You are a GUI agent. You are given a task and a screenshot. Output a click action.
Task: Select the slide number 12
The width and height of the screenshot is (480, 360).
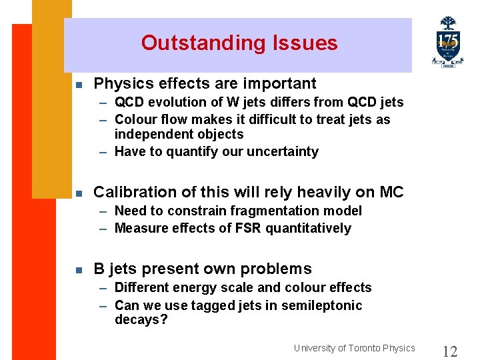[x=450, y=351]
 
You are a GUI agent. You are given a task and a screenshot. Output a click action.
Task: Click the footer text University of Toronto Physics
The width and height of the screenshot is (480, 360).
[x=354, y=348]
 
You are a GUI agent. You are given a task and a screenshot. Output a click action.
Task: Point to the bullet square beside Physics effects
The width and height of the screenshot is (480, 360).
[x=79, y=85]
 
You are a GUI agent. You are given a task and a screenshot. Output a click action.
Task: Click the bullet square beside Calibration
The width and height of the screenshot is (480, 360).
[x=79, y=194]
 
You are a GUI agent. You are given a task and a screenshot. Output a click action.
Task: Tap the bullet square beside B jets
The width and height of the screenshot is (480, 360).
[x=79, y=271]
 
